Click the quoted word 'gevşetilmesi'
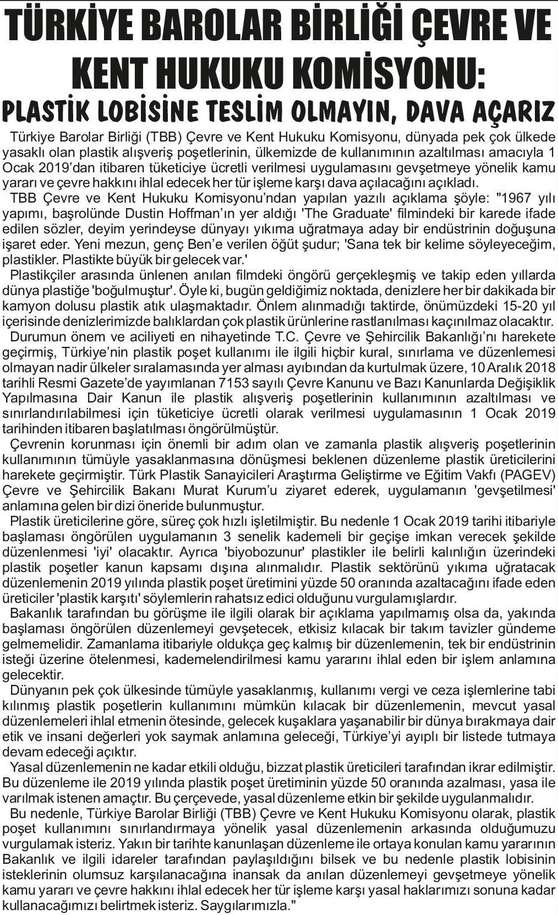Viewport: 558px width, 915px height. pyautogui.click(x=513, y=490)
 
